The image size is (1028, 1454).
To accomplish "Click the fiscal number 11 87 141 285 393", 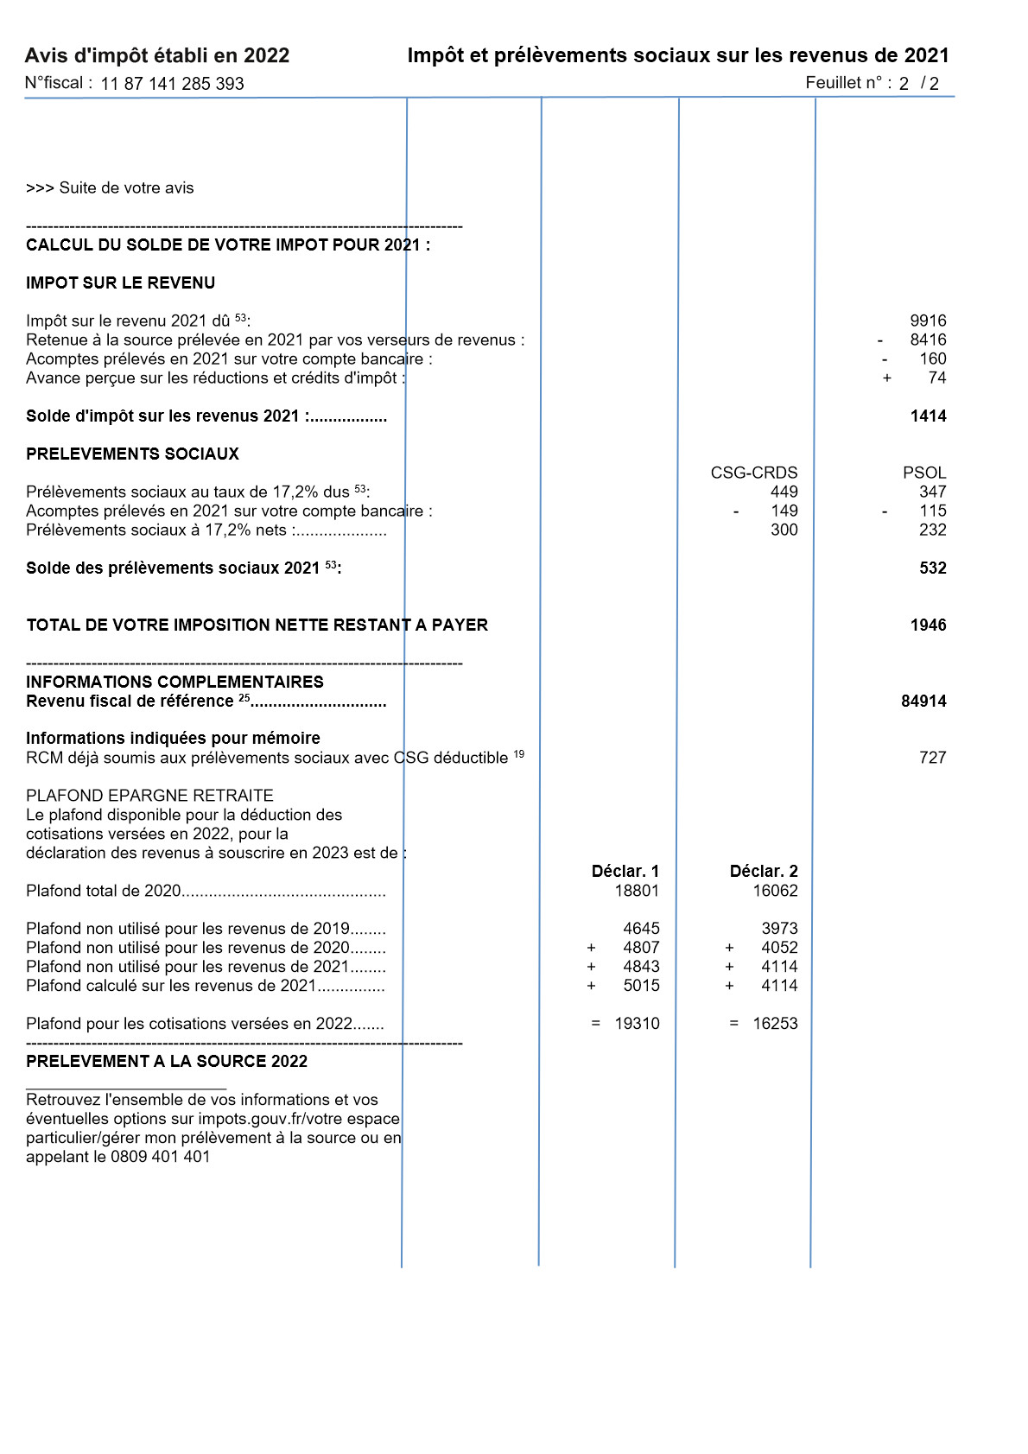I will (x=172, y=84).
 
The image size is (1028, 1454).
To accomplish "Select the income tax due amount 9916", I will (x=928, y=321).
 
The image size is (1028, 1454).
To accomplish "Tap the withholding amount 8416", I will (x=928, y=340).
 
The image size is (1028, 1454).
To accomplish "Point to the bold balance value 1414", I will (x=928, y=416).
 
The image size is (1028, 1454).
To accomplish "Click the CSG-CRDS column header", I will (x=754, y=473).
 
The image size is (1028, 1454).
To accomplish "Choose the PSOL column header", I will (x=924, y=473).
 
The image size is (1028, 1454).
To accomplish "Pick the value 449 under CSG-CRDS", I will (x=784, y=492).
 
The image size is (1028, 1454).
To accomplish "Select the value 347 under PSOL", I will (x=932, y=492).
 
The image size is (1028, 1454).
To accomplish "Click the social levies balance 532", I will (x=932, y=568).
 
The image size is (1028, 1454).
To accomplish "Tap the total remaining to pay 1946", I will (x=928, y=625).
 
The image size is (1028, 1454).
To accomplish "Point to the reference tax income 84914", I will (x=923, y=701).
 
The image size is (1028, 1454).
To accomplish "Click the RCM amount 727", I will (x=932, y=758).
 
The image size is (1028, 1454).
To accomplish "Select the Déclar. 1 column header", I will (x=625, y=871).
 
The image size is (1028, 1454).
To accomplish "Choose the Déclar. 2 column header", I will (x=764, y=871).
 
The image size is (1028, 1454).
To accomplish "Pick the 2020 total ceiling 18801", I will (x=637, y=891).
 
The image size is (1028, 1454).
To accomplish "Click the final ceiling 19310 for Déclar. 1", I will (x=637, y=1024).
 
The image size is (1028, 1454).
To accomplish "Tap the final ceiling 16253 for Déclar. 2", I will (x=775, y=1024).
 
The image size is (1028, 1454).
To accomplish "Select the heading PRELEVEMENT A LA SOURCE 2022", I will (x=167, y=1062).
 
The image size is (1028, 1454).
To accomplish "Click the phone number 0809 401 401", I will (x=161, y=1157).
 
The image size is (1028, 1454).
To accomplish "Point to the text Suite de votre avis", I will (x=126, y=188).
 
